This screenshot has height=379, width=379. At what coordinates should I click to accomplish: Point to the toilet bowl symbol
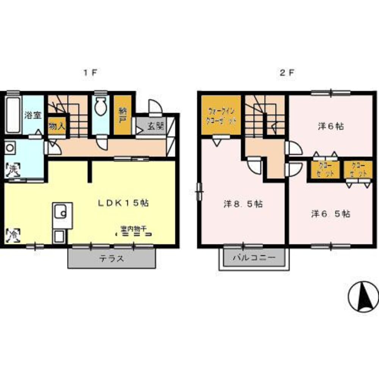pyautogui.click(x=101, y=107)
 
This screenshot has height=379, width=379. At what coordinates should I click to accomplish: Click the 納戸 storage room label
pyautogui.click(x=122, y=116)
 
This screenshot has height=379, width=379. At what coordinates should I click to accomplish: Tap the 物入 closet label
pyautogui.click(x=56, y=126)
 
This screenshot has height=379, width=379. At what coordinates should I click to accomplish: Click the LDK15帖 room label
pyautogui.click(x=123, y=202)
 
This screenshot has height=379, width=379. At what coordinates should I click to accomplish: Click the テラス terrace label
pyautogui.click(x=111, y=259)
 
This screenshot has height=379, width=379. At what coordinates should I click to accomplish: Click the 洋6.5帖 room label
pyautogui.click(x=330, y=213)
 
